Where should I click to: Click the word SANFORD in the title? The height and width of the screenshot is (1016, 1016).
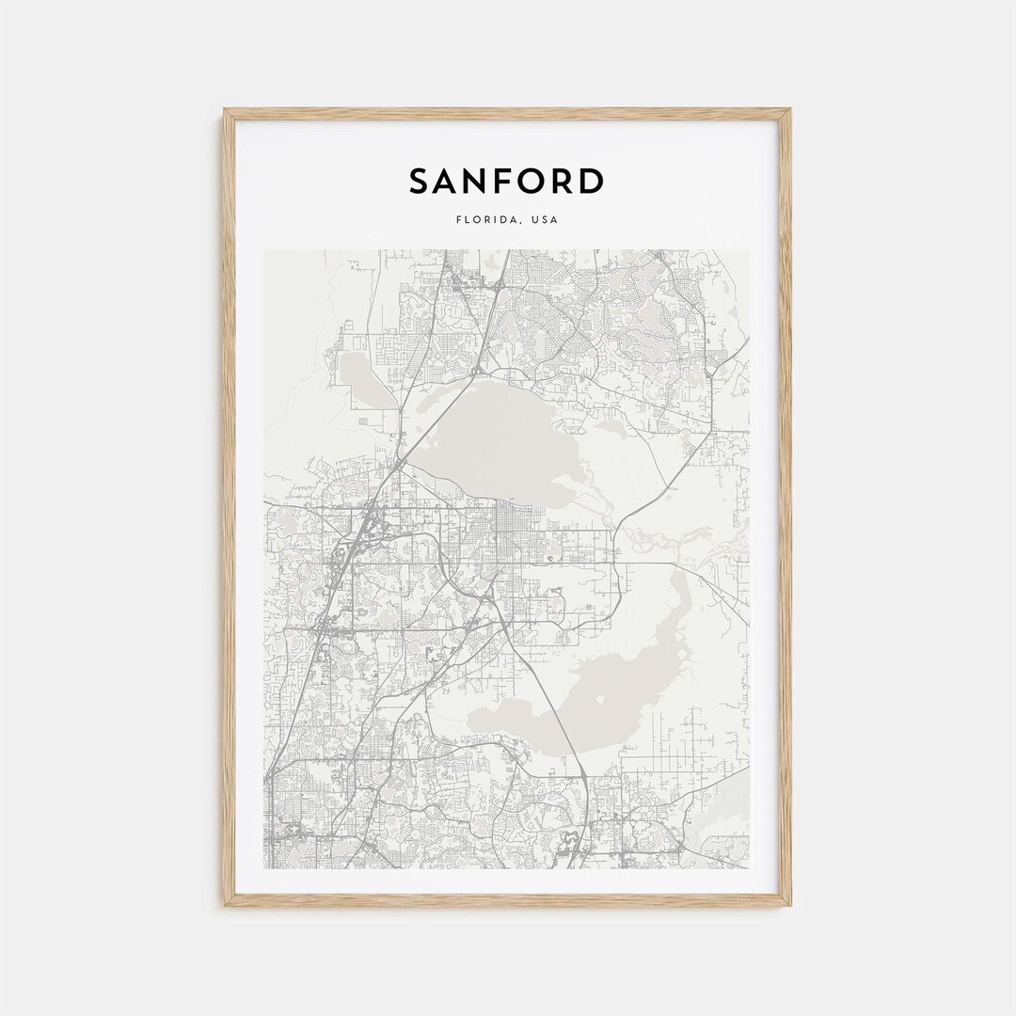click(x=506, y=181)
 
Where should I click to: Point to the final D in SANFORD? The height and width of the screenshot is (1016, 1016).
click(x=589, y=181)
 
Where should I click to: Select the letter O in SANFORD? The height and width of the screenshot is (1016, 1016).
click(x=524, y=181)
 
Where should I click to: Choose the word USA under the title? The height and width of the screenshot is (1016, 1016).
click(x=544, y=220)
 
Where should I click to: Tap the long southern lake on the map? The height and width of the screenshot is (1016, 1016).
click(x=602, y=687)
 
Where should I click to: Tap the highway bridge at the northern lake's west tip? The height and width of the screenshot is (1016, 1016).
click(x=403, y=461)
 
